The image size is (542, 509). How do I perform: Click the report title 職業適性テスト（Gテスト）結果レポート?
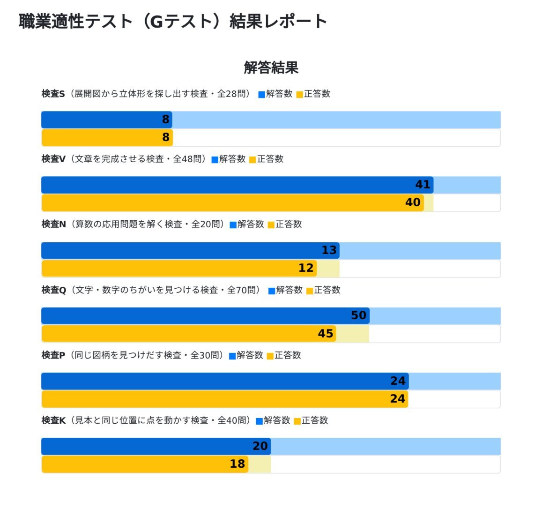coord(172,22)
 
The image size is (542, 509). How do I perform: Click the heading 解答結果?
coord(271,67)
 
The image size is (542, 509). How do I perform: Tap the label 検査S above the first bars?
coord(53,94)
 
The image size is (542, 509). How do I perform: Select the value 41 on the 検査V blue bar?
coord(423,185)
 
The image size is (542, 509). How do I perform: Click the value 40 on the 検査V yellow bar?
coord(413,202)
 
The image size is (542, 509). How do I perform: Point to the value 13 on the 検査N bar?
coord(329,250)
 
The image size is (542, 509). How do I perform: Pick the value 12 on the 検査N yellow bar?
coord(306,268)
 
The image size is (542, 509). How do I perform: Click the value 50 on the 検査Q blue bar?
coord(358,315)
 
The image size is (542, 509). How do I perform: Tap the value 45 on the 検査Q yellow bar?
coord(326,334)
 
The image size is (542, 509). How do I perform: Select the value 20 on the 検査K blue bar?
coord(260,446)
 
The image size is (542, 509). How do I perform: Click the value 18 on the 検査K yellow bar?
coord(238,464)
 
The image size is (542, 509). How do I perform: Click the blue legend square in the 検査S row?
coord(261,95)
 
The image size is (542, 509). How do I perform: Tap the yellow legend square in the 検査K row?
coord(297,421)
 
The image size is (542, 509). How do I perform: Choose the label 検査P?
coord(53,355)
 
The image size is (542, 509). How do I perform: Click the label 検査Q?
coord(53,290)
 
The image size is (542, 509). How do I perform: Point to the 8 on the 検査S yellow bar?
coord(165,137)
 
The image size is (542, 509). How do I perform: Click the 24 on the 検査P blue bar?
coord(398,381)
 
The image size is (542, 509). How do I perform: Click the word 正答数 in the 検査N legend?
coord(289,225)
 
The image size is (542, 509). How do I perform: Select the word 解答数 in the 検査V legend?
coord(232,159)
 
